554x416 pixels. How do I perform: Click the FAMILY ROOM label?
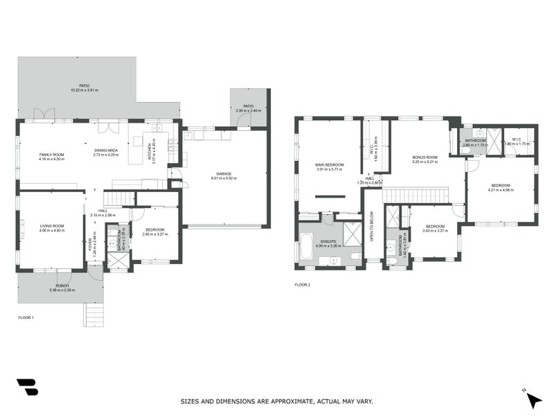[51, 155]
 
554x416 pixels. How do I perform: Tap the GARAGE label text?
[223, 174]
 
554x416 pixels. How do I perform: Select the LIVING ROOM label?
[51, 225]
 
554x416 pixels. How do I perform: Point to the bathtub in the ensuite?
[307, 248]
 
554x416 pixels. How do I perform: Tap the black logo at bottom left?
[27, 387]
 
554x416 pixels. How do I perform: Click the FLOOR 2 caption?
[303, 285]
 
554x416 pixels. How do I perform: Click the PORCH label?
[62, 286]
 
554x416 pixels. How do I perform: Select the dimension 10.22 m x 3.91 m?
[84, 90]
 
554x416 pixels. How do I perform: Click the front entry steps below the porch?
[94, 314]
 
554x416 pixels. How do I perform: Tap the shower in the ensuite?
[352, 234]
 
